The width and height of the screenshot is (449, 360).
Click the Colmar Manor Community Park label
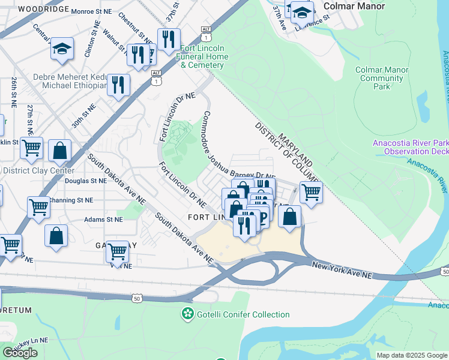[382, 78]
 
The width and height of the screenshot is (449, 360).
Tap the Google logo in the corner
[20, 353]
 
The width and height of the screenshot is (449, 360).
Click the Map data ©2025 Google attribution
[411, 355]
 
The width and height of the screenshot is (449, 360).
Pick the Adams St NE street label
[103, 220]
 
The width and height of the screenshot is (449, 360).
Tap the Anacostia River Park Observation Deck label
[411, 148]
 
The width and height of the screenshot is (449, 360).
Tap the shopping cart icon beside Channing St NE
[38, 206]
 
